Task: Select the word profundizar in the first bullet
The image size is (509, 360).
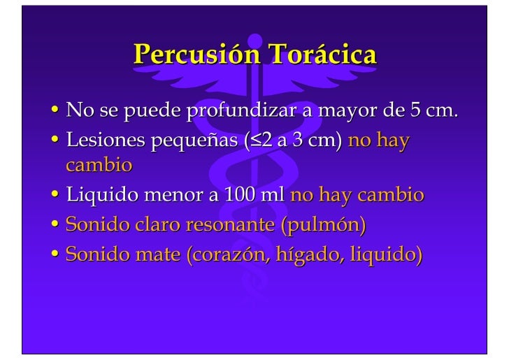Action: (x=246, y=111)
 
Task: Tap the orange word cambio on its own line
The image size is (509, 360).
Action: (x=99, y=166)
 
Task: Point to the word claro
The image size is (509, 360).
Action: (x=152, y=225)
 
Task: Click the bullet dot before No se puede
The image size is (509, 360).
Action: (x=55, y=110)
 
